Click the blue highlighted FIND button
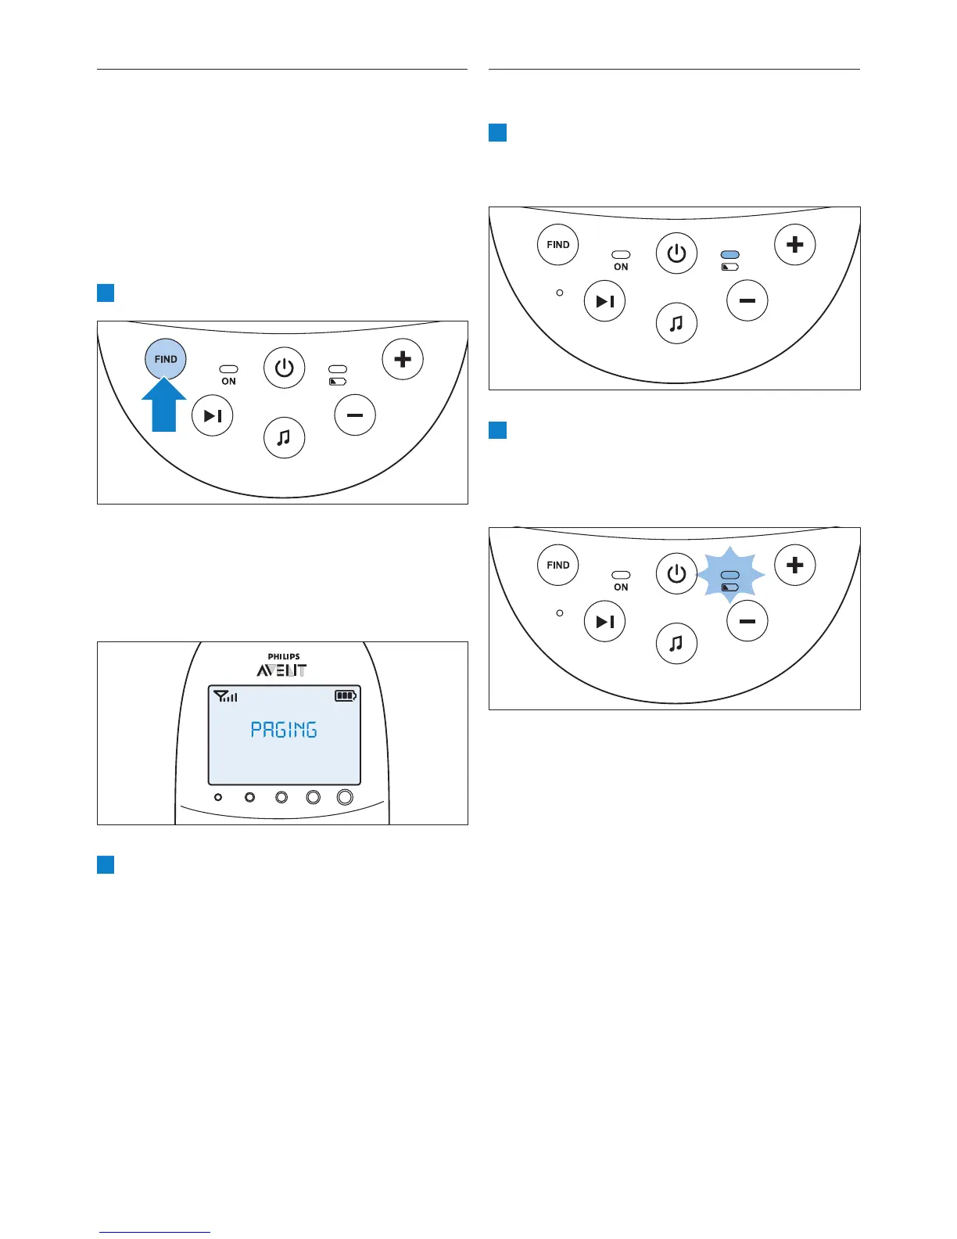point(166,359)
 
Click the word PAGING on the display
point(284,730)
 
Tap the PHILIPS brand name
point(284,657)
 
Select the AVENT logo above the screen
point(282,670)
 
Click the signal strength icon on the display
point(225,695)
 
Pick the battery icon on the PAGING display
point(346,695)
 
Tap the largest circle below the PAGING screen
point(345,797)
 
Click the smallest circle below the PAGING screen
point(218,797)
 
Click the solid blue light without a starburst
point(730,255)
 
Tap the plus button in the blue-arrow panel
point(403,359)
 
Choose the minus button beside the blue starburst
point(747,621)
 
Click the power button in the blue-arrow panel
point(284,368)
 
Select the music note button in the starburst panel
point(676,643)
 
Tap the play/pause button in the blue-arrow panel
point(213,416)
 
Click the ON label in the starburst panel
point(621,587)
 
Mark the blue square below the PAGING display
point(106,864)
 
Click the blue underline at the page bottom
point(155,1233)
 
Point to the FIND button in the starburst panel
point(558,565)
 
